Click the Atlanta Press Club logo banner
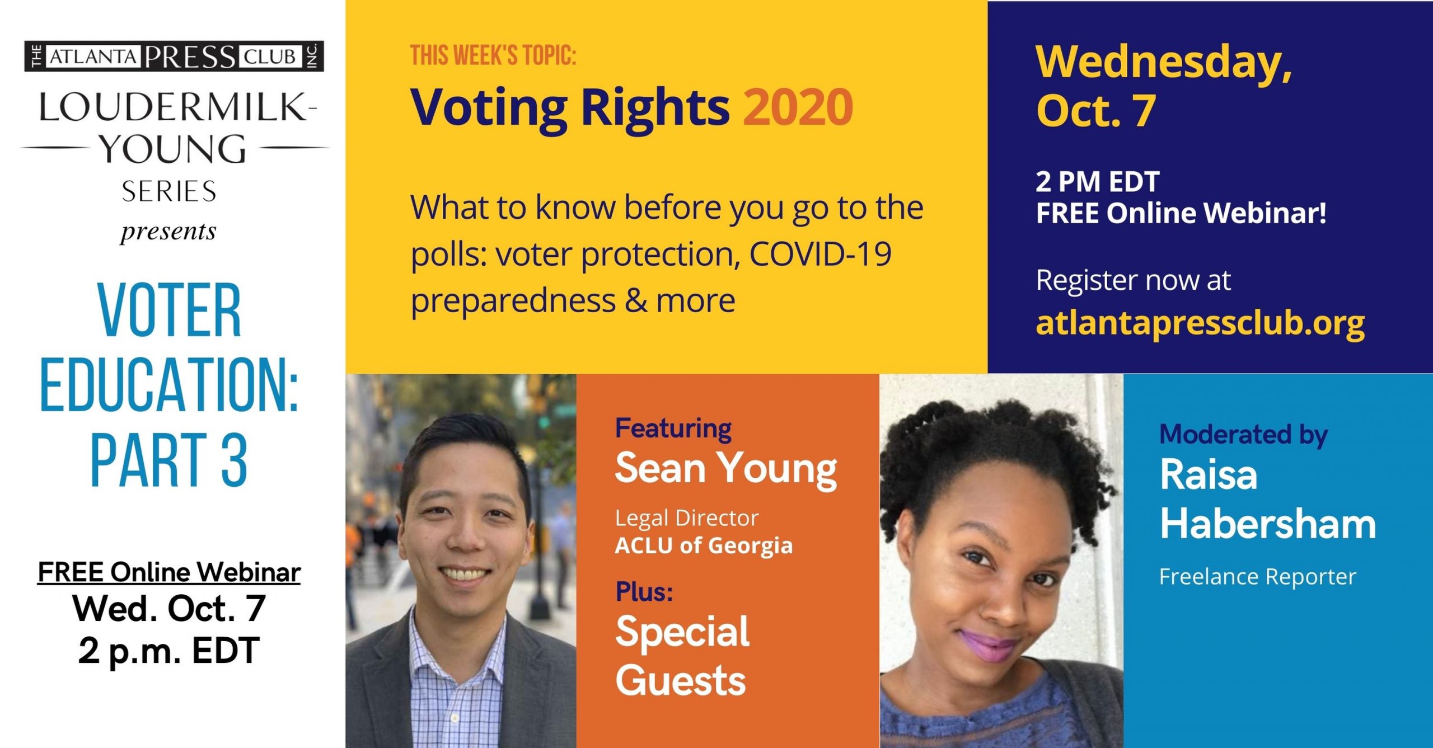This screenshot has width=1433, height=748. click(174, 57)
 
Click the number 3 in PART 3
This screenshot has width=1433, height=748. click(234, 460)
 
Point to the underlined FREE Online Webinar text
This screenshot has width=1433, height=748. click(169, 572)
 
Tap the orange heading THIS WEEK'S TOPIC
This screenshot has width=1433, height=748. click(493, 56)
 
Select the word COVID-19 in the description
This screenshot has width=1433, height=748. click(820, 254)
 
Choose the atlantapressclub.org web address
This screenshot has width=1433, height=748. click(1200, 324)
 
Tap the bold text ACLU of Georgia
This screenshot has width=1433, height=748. click(704, 545)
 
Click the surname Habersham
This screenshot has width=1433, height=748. click(1268, 524)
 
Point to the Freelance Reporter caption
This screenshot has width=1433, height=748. click(1257, 576)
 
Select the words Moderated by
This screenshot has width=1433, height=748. click(1243, 435)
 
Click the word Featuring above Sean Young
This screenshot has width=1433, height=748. click(673, 429)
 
